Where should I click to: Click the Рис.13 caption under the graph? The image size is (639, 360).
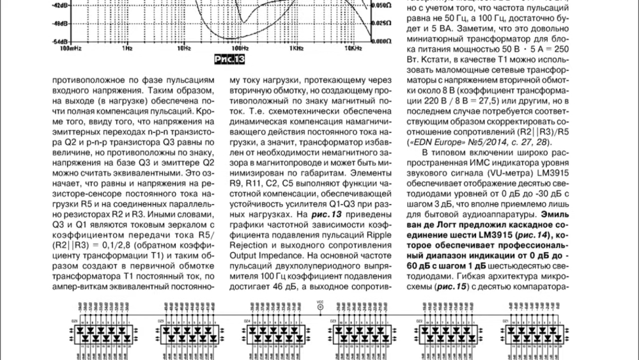click(x=229, y=59)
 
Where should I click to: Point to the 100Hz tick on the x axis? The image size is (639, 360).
click(x=240, y=47)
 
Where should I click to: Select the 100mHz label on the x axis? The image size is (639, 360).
click(x=71, y=47)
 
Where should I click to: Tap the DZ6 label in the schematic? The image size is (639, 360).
click(x=74, y=320)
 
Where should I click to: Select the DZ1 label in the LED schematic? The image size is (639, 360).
click(x=505, y=320)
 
